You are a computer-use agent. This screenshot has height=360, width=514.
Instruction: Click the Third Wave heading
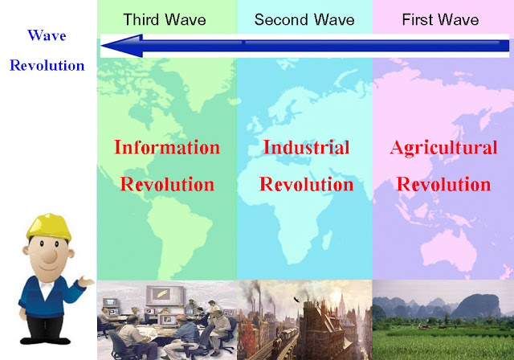tap(165, 19)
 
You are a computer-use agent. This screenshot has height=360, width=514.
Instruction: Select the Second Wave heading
tap(304, 19)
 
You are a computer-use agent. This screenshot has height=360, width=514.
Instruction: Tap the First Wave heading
tap(440, 19)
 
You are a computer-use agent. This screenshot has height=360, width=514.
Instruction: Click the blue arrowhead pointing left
tap(122, 46)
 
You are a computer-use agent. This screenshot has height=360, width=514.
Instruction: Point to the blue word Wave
tap(47, 35)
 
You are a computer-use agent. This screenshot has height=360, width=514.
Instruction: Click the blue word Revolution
tap(47, 65)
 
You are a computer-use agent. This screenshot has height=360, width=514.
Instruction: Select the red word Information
tap(167, 147)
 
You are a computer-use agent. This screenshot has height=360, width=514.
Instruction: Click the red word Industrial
tap(307, 147)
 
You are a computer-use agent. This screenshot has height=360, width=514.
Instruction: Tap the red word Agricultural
tap(443, 148)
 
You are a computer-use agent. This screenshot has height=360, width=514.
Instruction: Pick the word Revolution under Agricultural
tap(443, 184)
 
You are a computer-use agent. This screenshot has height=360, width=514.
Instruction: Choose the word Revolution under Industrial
tap(307, 184)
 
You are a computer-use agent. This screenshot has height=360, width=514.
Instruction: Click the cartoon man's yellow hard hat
tap(49, 227)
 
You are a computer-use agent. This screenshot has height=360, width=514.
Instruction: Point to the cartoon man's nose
tap(50, 256)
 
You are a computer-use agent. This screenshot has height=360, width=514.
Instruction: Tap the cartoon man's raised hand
tap(86, 281)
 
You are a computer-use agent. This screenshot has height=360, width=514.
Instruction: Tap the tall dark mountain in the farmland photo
tap(479, 306)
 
